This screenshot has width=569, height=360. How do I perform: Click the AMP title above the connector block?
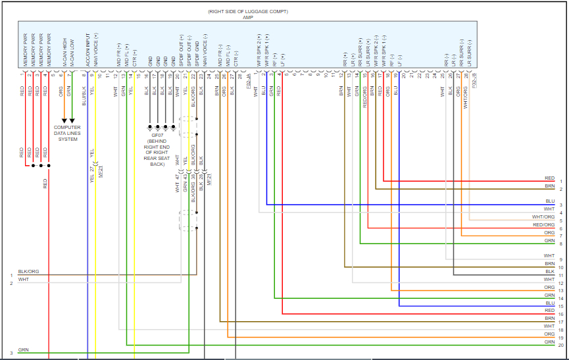(248, 18)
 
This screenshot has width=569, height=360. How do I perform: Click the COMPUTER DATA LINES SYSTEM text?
(68, 133)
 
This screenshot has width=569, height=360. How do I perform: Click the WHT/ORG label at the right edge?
(543, 217)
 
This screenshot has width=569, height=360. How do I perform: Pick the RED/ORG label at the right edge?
(544, 225)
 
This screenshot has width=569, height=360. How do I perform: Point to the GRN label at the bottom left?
(23, 350)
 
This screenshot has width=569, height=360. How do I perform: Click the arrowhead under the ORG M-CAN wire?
(64, 120)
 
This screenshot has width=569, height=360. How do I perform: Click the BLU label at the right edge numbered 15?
(550, 303)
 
